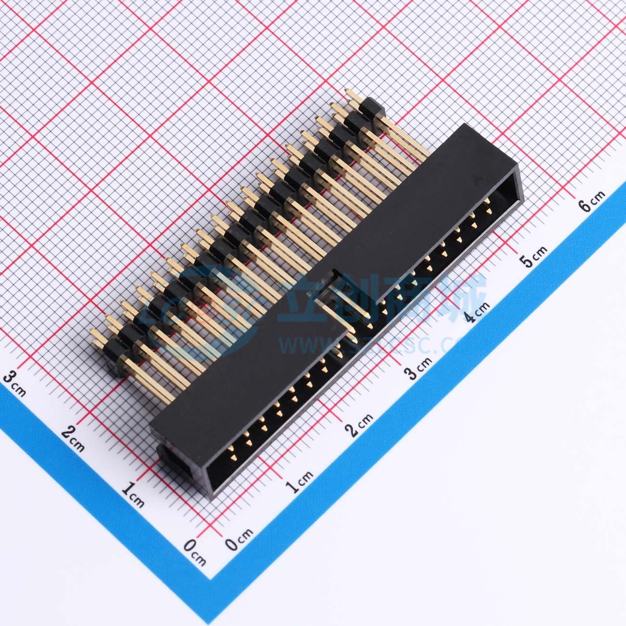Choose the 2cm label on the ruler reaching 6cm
click(360, 423)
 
